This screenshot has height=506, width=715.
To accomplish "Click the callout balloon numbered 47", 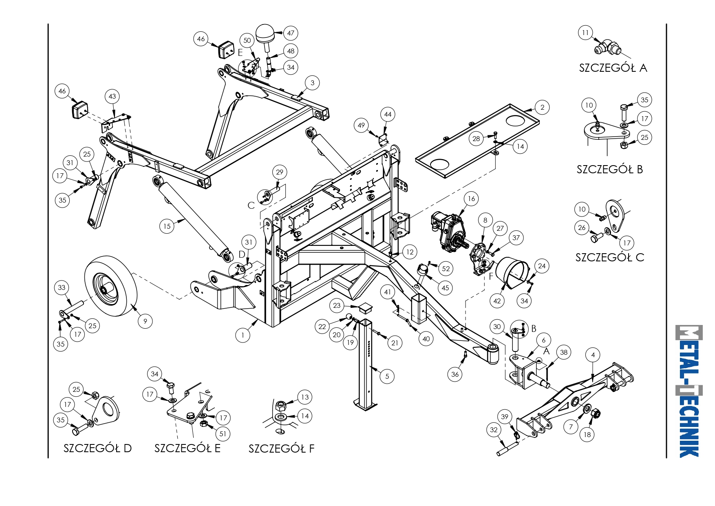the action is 291,33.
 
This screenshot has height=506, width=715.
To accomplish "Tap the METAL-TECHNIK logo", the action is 689,391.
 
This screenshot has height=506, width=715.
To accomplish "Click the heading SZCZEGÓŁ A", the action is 613,68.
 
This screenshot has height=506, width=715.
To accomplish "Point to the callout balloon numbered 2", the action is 542,108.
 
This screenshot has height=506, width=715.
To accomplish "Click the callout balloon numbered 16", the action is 472,199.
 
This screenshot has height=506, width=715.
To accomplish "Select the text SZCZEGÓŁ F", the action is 282,449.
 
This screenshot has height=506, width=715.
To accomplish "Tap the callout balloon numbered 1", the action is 243,335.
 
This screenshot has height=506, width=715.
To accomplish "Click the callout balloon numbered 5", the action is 387,376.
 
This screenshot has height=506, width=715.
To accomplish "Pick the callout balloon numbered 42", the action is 497,301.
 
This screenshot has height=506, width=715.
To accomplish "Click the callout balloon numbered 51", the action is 223,433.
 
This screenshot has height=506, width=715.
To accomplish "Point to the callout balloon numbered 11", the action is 585,33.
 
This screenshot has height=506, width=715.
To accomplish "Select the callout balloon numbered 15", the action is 167,226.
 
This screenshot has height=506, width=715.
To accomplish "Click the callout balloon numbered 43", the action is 113,96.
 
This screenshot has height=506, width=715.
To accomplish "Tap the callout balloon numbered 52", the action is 446,269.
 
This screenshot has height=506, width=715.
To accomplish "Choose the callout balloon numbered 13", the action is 305,397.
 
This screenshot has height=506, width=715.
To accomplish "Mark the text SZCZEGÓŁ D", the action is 97,448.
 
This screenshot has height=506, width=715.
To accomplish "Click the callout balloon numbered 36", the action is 455,374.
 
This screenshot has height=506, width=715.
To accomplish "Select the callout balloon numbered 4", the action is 593,355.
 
